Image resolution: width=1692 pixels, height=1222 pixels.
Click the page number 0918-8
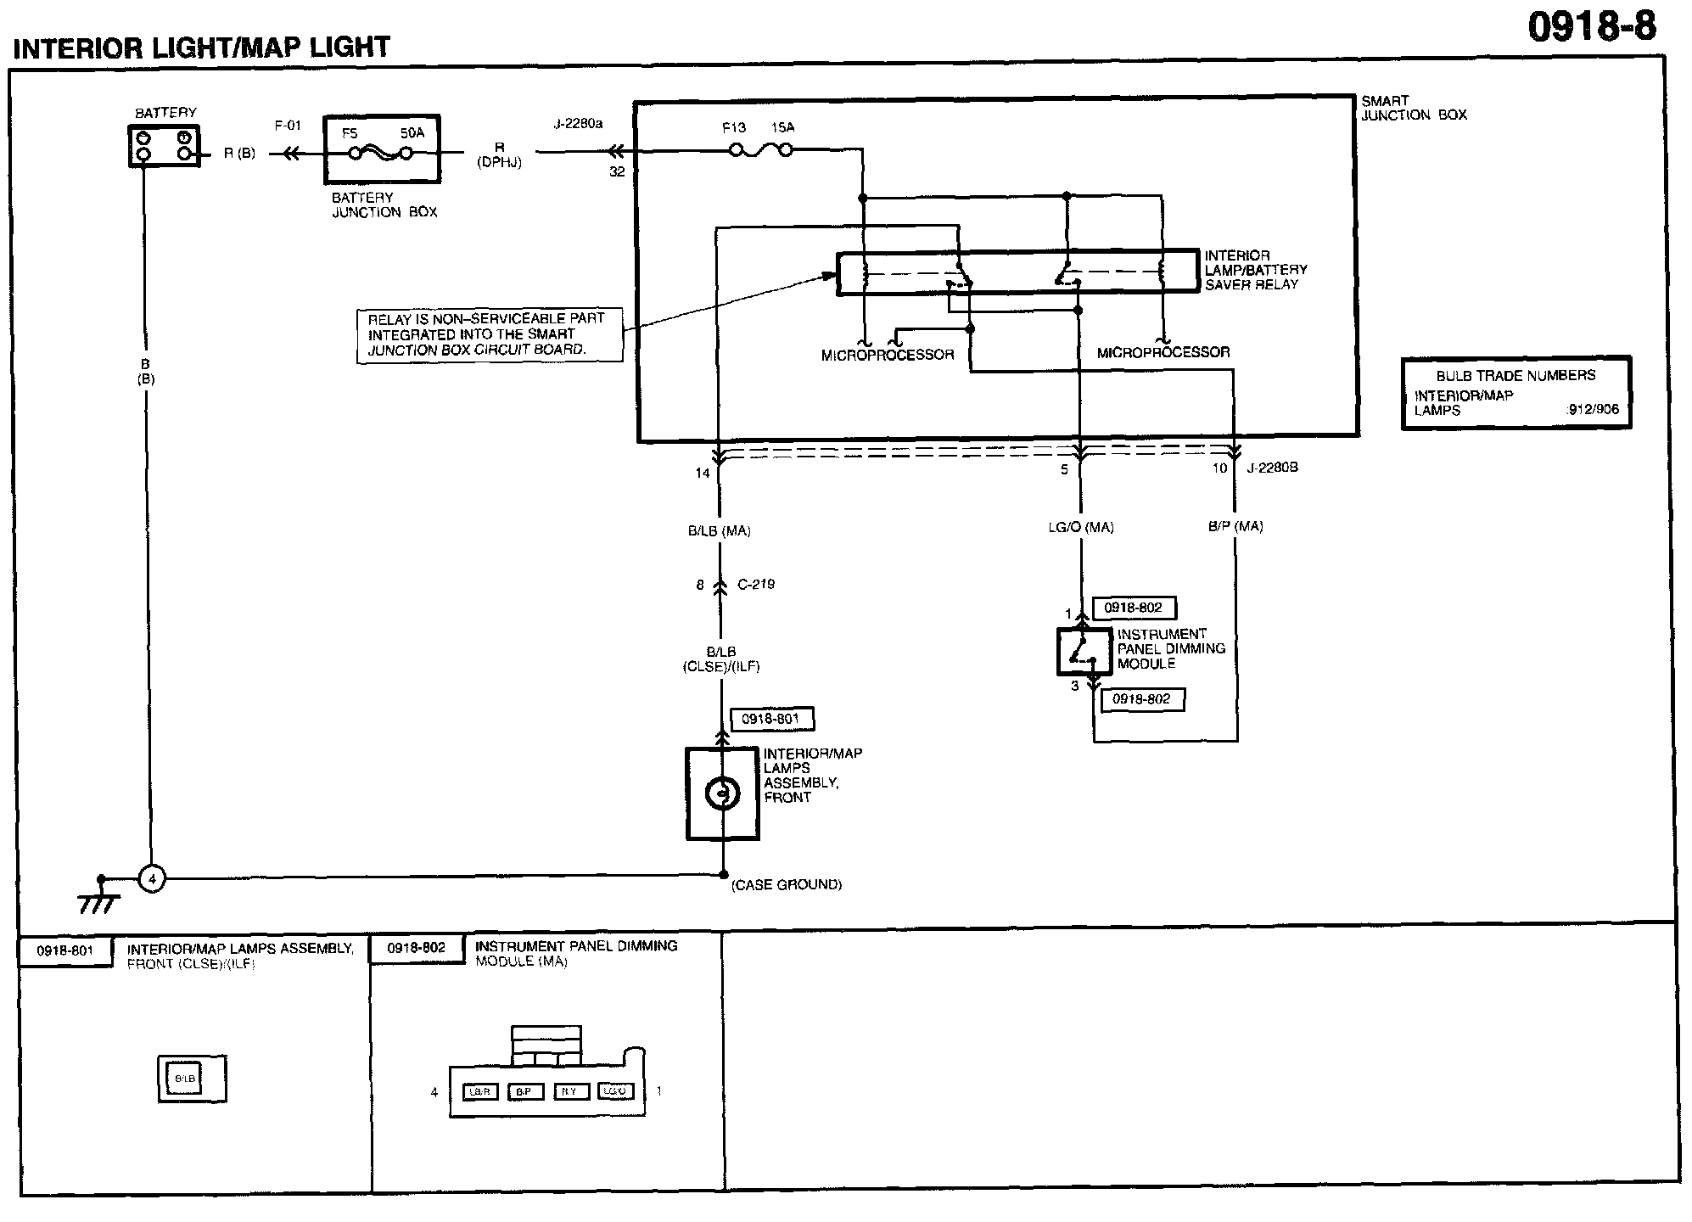[1591, 27]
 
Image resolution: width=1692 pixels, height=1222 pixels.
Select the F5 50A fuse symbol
[382, 153]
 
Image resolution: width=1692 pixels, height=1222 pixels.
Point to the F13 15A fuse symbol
[761, 150]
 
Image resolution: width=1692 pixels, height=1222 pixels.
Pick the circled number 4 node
[152, 879]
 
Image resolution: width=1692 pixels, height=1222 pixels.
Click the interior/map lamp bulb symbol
[722, 793]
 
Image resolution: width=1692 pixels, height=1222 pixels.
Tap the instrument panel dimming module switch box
[1083, 652]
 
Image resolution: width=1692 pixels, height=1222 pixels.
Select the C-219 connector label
[756, 585]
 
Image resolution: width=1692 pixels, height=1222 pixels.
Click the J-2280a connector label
[578, 124]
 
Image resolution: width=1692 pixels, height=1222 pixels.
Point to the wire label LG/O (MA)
[1081, 527]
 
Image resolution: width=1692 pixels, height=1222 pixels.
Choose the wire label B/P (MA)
[1235, 526]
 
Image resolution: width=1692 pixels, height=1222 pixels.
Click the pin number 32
[617, 171]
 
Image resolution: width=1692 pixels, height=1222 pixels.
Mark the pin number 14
[703, 474]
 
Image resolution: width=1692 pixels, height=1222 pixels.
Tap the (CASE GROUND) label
[787, 884]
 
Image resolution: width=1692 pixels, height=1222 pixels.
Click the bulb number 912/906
[1593, 409]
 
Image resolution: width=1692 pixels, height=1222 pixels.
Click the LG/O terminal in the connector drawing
[615, 1091]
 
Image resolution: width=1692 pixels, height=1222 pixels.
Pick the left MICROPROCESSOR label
[888, 355]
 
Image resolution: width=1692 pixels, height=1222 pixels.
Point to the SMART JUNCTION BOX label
[1414, 108]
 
